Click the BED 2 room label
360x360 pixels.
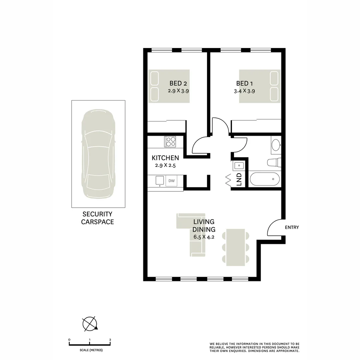180,83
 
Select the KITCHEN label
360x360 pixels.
165,158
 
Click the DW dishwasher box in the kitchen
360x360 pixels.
172,181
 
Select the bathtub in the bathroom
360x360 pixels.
265,179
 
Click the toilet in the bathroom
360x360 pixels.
274,162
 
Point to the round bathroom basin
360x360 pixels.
276,145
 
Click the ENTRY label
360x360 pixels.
292,228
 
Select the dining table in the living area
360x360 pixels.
236,247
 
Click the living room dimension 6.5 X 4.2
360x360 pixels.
204,237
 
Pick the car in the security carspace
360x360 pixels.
98,154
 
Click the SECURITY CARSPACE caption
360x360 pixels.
97,218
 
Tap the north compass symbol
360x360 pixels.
90,323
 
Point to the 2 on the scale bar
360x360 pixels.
110,340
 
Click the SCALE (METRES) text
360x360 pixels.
91,350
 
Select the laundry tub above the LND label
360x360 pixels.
239,165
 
